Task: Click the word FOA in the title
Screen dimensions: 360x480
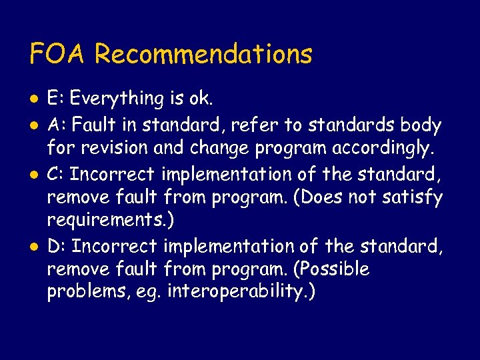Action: click(x=58, y=53)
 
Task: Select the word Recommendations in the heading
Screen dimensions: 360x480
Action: click(x=203, y=53)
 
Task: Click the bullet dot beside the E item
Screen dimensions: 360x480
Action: click(x=33, y=100)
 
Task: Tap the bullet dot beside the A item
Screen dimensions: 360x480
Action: click(x=33, y=125)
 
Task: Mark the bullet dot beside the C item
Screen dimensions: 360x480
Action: click(x=33, y=175)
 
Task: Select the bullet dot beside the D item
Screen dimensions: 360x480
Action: click(x=33, y=247)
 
